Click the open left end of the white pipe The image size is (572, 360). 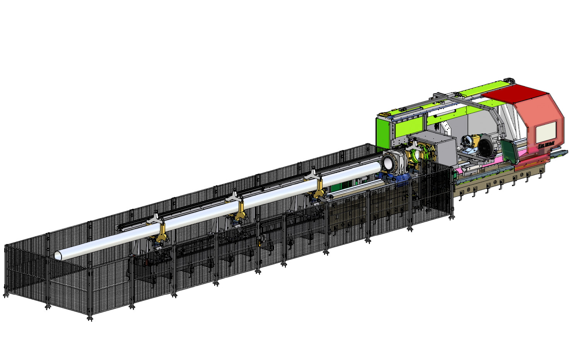(58, 255)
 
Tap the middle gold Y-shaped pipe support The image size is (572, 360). (240, 209)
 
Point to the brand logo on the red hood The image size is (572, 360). (546, 144)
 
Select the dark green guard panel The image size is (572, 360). (510, 152)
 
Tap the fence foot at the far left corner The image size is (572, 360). (6, 295)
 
